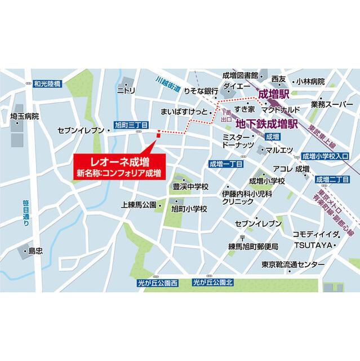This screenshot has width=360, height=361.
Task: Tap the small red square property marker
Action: (159, 134)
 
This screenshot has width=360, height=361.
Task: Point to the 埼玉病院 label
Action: (25, 116)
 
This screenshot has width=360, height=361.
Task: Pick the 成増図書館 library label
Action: (240, 75)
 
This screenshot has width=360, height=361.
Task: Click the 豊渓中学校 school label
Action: (190, 186)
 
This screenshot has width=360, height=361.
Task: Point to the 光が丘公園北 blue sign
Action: (212, 283)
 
